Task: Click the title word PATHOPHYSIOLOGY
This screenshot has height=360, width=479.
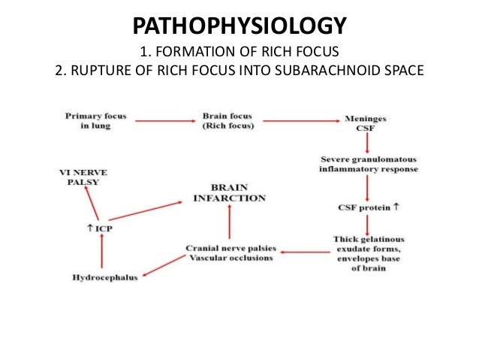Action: click(x=239, y=27)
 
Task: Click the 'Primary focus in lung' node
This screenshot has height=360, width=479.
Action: click(x=95, y=122)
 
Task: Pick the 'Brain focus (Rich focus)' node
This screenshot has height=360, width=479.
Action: click(x=228, y=122)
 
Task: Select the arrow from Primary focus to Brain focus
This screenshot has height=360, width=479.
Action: click(x=161, y=119)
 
